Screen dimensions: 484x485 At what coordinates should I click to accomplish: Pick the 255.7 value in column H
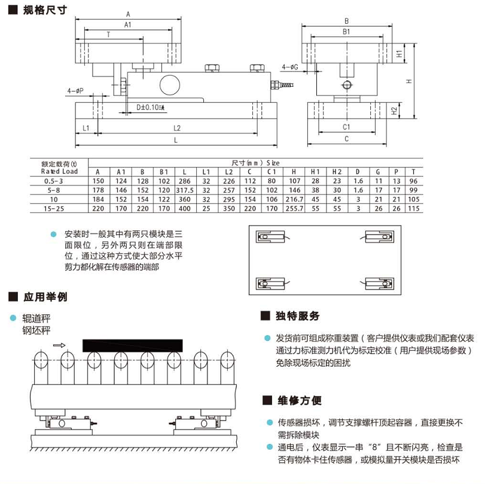(x=294, y=208)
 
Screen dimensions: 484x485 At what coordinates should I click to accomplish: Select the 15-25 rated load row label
(x=52, y=208)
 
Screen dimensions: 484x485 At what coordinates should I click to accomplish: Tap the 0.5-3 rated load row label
(x=52, y=180)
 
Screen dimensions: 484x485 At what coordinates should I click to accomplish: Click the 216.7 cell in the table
(x=294, y=199)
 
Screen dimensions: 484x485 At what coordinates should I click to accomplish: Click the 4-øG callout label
(x=289, y=68)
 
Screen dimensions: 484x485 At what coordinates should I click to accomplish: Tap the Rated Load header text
(x=59, y=171)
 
